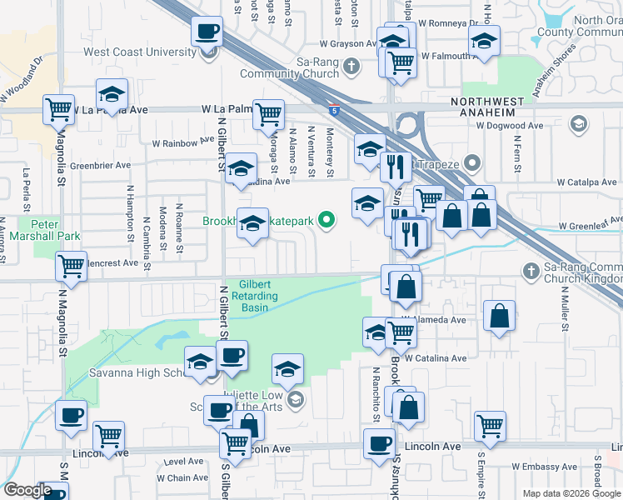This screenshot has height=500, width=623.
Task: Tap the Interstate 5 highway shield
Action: point(333,108)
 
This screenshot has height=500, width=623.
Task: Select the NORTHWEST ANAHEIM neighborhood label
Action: point(487,102)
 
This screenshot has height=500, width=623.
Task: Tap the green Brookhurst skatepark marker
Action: point(328,221)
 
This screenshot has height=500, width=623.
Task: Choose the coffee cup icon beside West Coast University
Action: point(207,33)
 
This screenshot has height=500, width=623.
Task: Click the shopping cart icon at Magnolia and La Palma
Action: point(58,110)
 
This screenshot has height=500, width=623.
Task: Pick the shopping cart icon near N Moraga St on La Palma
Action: point(268,115)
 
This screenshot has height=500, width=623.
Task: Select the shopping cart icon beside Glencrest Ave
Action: point(72,267)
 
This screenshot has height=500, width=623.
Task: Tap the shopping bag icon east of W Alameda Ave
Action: point(499,317)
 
